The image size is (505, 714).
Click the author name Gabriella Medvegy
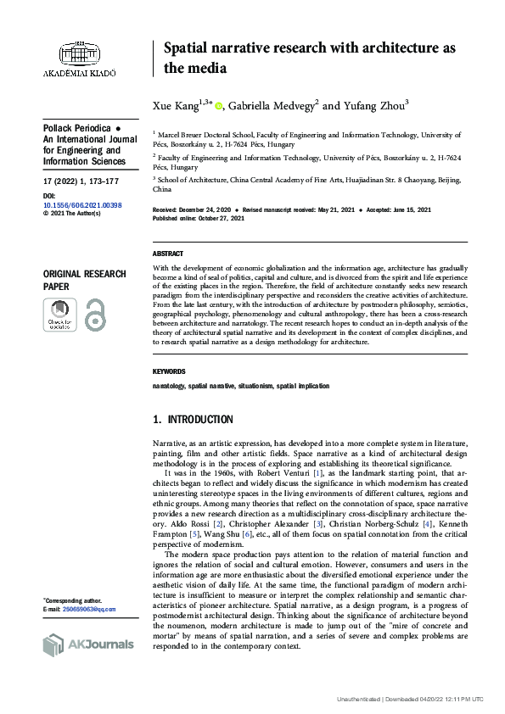click(x=271, y=106)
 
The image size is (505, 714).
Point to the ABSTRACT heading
click(x=167, y=254)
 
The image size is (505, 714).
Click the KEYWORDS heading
click(x=169, y=371)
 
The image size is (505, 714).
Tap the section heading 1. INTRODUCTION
click(x=192, y=420)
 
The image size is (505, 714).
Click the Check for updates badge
click(x=59, y=315)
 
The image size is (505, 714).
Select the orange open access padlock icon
click(x=94, y=315)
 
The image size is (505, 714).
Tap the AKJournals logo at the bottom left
click(x=87, y=644)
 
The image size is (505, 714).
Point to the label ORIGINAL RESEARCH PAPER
click(x=84, y=280)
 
